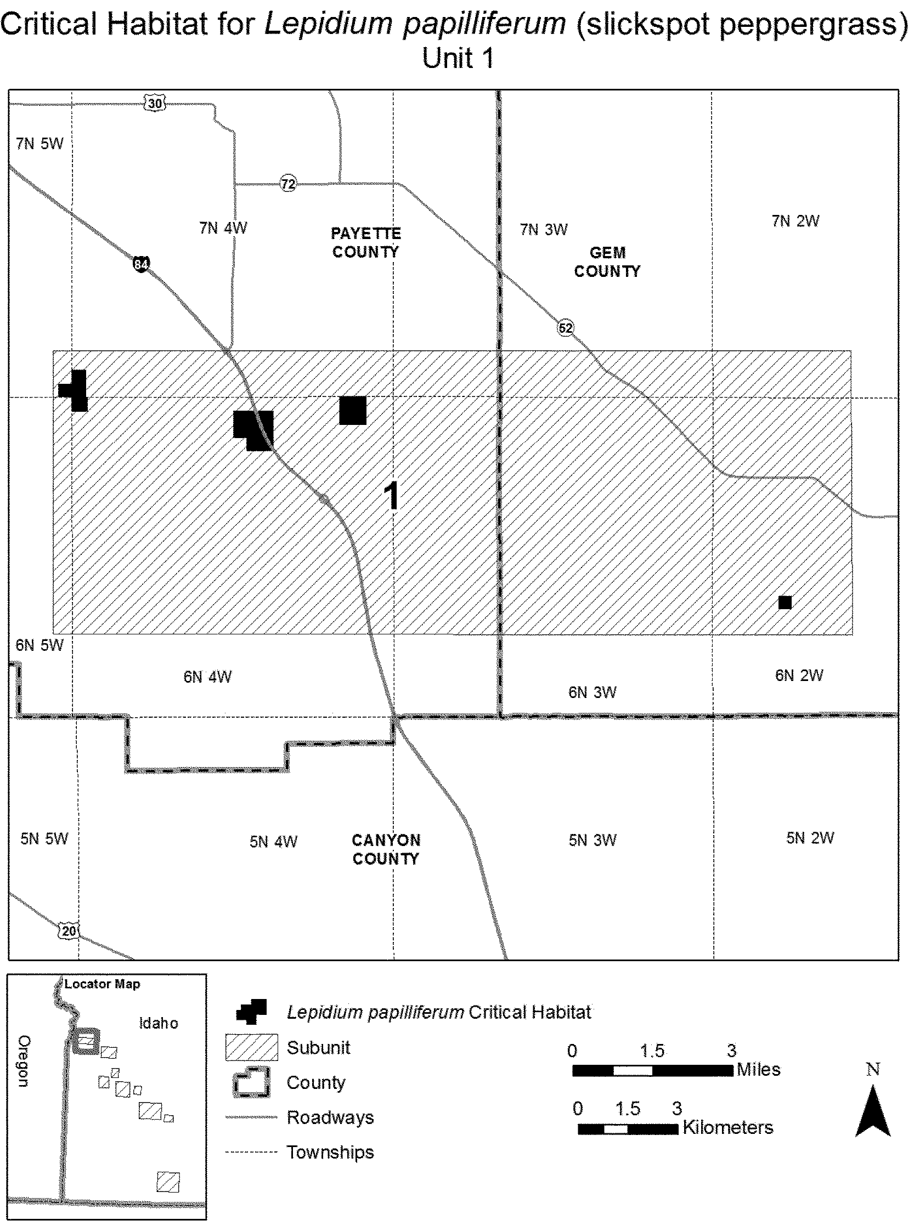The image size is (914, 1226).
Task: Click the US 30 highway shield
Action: click(155, 103)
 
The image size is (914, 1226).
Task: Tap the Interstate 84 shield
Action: click(141, 264)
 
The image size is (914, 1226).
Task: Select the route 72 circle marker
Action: click(288, 184)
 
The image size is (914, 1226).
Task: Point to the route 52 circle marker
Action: click(565, 328)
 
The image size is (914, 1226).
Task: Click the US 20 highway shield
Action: click(69, 930)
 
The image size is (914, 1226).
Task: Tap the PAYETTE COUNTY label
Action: click(366, 242)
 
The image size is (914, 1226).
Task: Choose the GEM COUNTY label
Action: click(607, 262)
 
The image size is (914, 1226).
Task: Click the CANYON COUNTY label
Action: click(386, 849)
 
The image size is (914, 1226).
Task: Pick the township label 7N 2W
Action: click(795, 221)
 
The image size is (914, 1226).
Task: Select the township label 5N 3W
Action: click(592, 840)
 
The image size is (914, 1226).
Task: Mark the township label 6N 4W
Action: click(207, 677)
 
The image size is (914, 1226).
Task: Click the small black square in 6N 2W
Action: click(785, 602)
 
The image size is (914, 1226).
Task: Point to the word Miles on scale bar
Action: click(758, 1070)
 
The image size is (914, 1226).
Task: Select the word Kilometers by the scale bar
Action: click(727, 1127)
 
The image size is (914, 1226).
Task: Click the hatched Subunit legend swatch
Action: click(251, 1047)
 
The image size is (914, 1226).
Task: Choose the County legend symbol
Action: click(251, 1082)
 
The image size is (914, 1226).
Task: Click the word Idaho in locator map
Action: click(158, 1023)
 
